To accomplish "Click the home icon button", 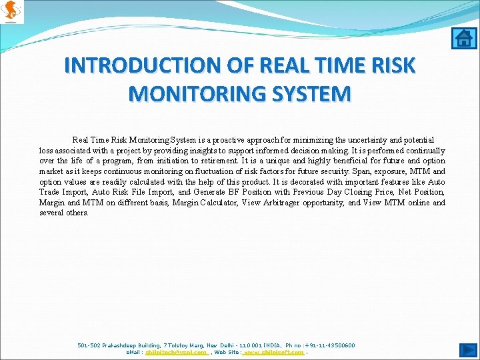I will pyautogui.click(x=462, y=38).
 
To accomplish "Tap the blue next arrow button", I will pyautogui.click(x=468, y=349).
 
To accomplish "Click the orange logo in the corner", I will pyautogui.click(x=12, y=11).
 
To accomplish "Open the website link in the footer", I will pyautogui.click(x=274, y=352).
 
